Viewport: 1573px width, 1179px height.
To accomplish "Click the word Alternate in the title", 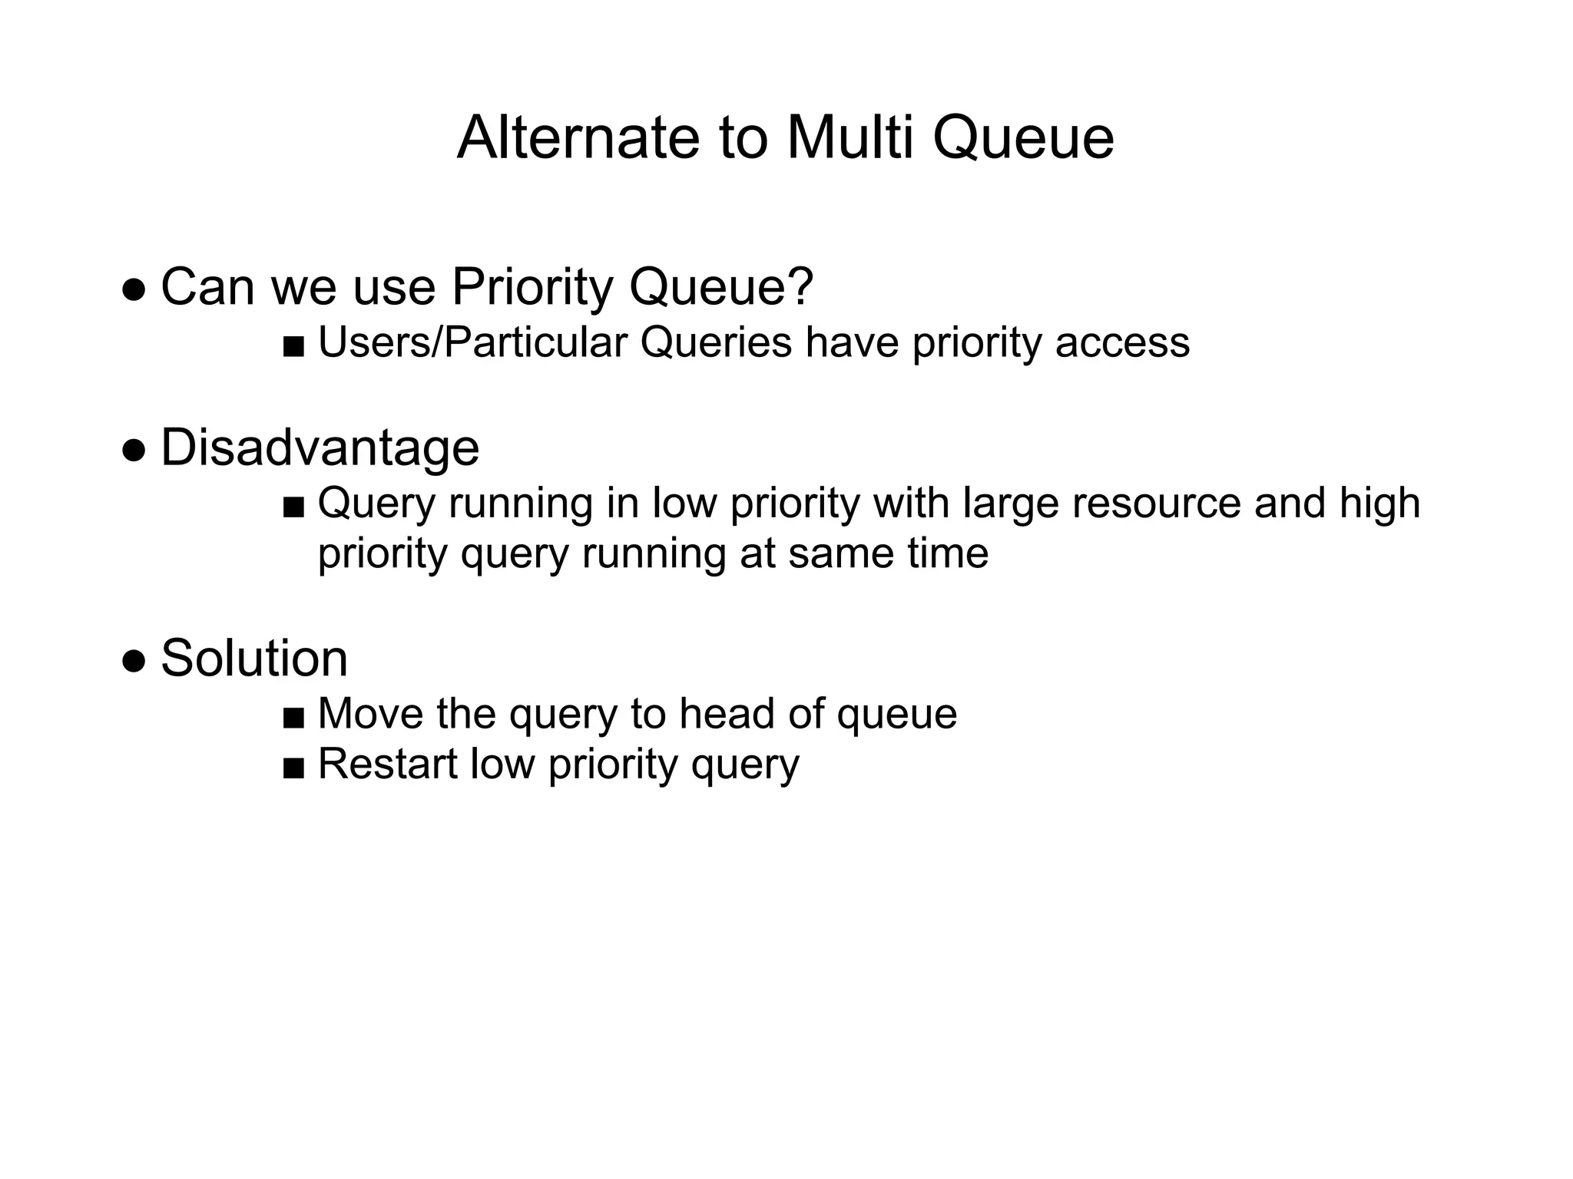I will (578, 138).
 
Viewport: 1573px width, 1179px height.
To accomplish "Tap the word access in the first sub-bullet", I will (1122, 342).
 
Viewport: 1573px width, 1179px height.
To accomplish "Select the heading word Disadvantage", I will (320, 447).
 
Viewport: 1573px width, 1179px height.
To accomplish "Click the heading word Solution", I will (254, 659).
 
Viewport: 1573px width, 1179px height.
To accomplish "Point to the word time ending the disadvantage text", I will (948, 553).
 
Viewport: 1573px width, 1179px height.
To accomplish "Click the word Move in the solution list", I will (370, 714).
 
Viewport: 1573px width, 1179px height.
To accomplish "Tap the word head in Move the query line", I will (727, 714).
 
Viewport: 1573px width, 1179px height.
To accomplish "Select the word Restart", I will (387, 765).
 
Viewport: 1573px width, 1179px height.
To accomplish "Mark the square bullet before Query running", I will (293, 507).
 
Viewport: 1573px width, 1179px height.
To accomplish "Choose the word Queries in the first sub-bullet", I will (716, 342).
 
